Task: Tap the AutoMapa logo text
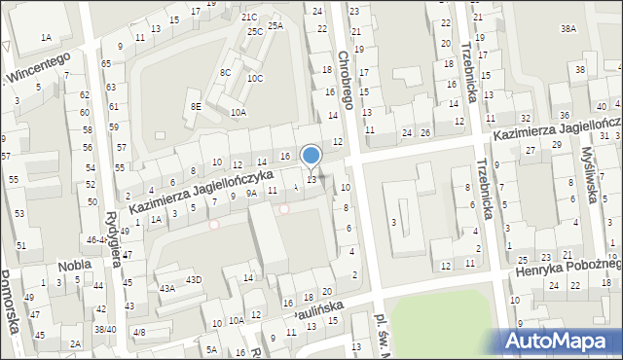(x=561, y=342)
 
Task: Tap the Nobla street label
(x=74, y=265)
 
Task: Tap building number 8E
(x=196, y=106)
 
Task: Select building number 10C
(x=254, y=78)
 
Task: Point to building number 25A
(x=275, y=25)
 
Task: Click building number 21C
(x=249, y=17)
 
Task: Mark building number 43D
(x=194, y=280)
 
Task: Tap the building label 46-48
(x=96, y=238)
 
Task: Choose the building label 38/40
(x=104, y=329)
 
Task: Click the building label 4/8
(x=138, y=333)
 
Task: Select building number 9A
(x=251, y=194)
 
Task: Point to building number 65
(x=105, y=63)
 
